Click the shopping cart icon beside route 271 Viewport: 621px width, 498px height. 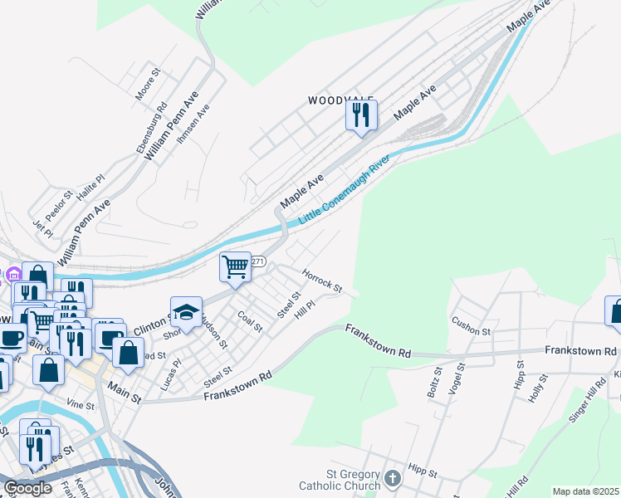pos(236,267)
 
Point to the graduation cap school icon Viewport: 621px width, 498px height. pos(187,312)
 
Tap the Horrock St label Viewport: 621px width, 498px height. pos(322,280)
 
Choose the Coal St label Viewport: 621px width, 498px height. pos(250,321)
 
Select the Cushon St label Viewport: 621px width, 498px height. pos(471,325)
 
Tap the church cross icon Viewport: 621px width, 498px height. pos(393,478)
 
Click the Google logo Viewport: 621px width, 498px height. pos(27,488)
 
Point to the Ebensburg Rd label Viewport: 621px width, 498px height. pos(152,127)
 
